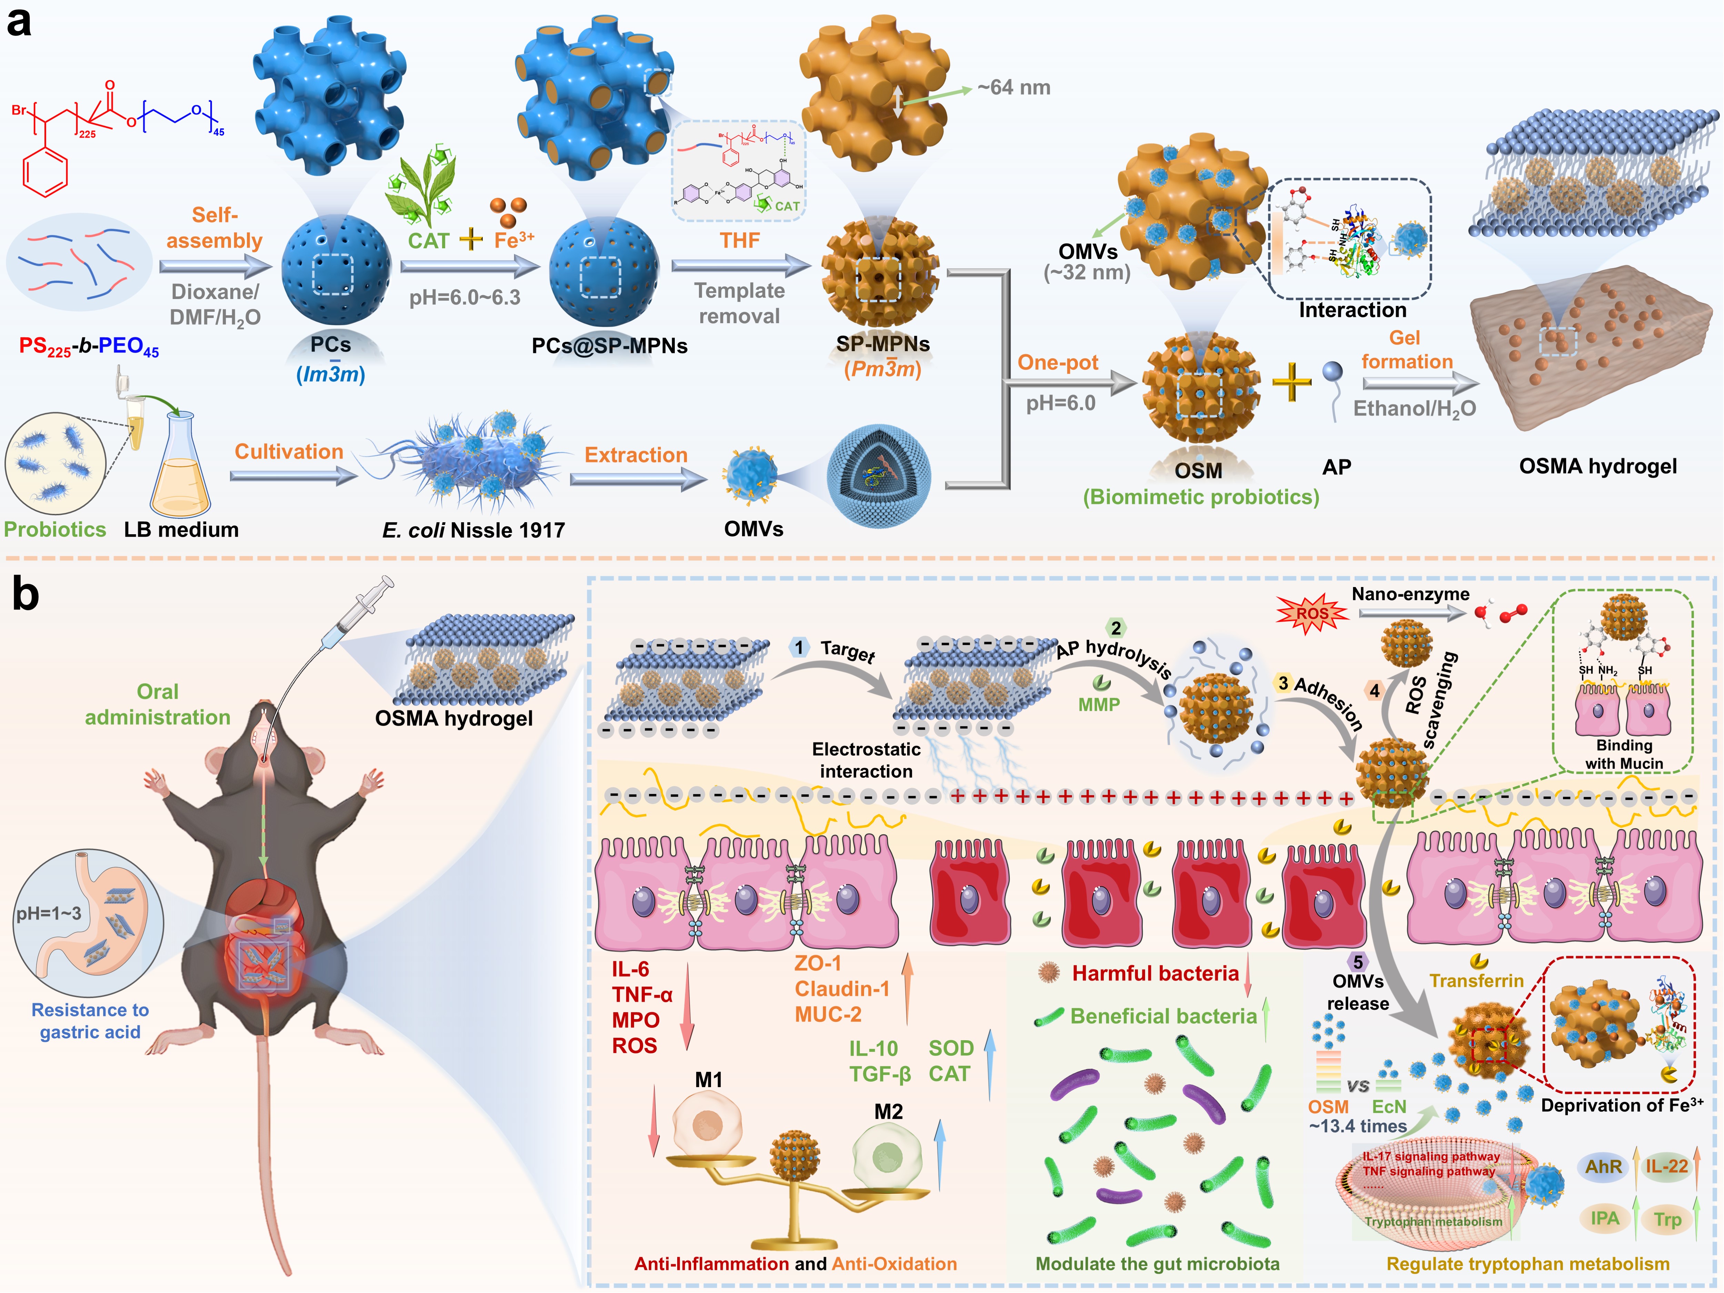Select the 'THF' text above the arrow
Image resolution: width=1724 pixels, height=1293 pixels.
739,240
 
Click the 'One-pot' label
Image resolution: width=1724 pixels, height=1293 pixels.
1058,362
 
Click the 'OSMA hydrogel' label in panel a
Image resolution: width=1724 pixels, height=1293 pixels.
1598,466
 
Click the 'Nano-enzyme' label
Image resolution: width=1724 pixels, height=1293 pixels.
1411,594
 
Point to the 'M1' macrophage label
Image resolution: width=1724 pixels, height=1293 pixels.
709,1080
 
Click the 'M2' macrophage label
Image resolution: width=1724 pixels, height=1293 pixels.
889,1111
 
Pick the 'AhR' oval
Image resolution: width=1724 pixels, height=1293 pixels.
1603,1167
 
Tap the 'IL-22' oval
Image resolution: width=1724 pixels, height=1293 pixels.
1666,1167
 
